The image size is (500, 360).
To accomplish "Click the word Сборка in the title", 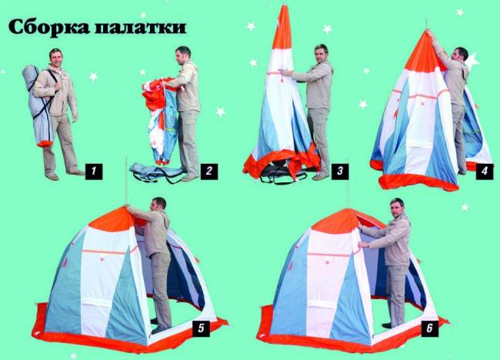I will coord(53,27).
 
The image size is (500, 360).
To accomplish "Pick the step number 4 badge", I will coord(483,171).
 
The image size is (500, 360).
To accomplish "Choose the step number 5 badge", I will coord(201,328).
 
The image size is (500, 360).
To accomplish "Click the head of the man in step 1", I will coord(56,56).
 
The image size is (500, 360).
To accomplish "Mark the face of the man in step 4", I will coord(460,55).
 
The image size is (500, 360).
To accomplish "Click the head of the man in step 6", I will coord(397,207).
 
